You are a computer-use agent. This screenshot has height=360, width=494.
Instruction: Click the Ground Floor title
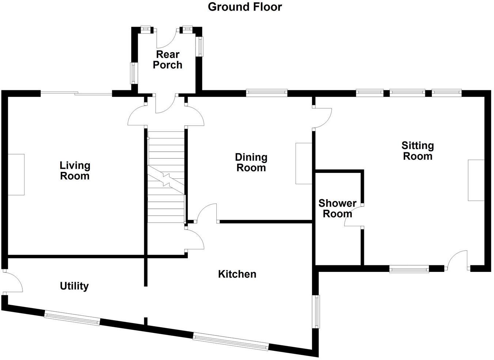click(x=245, y=7)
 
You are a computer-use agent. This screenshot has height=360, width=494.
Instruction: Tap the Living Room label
click(x=75, y=171)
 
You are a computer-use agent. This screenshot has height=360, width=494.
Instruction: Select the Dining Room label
click(x=251, y=163)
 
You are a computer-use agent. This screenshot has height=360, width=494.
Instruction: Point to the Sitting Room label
click(x=417, y=151)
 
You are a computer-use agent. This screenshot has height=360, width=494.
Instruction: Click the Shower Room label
click(x=337, y=208)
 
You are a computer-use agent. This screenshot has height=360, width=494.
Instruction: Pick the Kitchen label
click(x=237, y=274)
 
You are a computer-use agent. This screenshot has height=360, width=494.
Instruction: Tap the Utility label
click(x=74, y=286)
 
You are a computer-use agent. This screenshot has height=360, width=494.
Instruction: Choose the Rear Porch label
click(x=168, y=60)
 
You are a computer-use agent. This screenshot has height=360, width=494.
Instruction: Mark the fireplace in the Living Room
click(x=16, y=174)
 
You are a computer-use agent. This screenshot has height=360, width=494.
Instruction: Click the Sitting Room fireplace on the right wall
click(x=476, y=180)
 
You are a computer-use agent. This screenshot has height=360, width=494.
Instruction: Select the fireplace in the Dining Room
click(x=304, y=163)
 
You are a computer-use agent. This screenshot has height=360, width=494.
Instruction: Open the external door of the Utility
click(x=13, y=282)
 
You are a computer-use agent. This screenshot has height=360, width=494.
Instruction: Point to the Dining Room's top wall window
click(x=266, y=93)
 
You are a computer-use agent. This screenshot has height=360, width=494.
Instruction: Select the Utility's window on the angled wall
click(x=72, y=318)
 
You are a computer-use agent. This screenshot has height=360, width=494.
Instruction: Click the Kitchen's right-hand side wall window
click(x=316, y=311)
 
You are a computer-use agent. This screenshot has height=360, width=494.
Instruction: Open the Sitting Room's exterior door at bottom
click(x=458, y=260)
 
